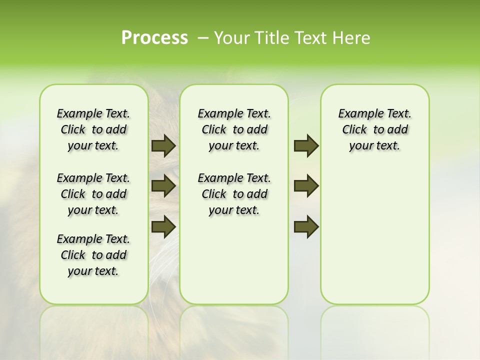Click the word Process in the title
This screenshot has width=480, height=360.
(154, 37)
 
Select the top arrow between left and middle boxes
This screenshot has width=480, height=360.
(163, 146)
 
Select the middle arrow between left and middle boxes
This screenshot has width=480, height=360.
(163, 186)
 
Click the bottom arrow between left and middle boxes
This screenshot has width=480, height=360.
(163, 226)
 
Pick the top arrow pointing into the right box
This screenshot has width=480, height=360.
(306, 146)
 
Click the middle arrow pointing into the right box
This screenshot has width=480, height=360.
(306, 186)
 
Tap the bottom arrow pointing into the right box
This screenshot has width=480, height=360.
(306, 226)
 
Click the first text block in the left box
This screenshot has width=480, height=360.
(93, 129)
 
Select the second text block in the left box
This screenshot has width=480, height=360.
(93, 194)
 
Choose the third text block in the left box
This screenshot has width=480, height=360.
(93, 255)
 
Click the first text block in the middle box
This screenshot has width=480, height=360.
(234, 129)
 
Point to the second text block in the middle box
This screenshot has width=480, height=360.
(234, 194)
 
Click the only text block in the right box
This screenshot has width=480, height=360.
(374, 129)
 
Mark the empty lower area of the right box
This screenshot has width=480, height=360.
(374, 235)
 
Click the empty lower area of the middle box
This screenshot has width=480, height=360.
(234, 260)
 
